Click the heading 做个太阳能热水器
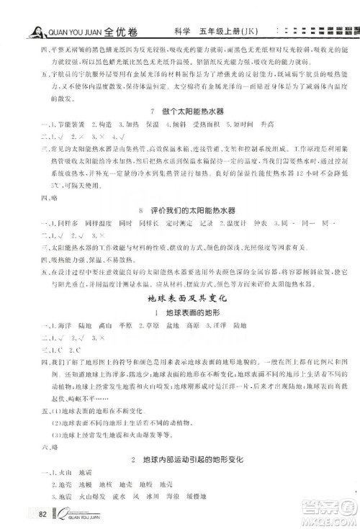189,110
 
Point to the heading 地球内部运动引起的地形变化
190,458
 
